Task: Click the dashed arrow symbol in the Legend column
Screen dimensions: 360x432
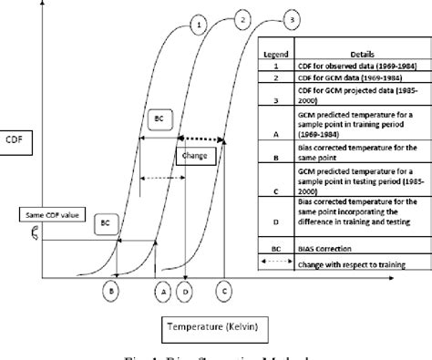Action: coord(276,262)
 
